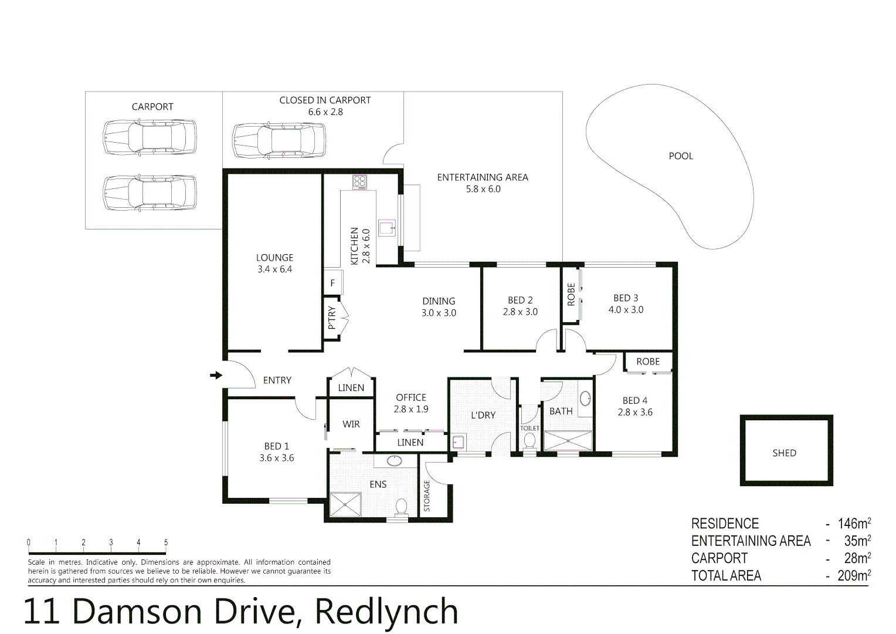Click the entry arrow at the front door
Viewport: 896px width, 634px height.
pos(216,375)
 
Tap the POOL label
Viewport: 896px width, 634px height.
pos(681,156)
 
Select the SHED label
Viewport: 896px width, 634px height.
pos(784,453)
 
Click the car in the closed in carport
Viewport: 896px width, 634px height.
pos(279,141)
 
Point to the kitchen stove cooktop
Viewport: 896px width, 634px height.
pos(359,182)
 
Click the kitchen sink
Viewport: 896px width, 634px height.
pos(387,227)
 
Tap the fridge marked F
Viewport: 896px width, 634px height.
pos(332,284)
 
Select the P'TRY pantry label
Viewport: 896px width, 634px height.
pos(332,318)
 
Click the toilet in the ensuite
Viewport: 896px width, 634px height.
pos(402,506)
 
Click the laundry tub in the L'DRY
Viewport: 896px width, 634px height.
pos(458,442)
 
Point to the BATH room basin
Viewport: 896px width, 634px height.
pos(585,399)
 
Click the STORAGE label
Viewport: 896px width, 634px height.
pos(427,496)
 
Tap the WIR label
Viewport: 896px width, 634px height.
pos(351,424)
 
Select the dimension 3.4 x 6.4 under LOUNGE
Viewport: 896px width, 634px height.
pos(274,269)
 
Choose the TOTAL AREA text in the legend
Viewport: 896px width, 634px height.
pos(726,576)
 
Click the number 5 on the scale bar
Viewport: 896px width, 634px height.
pos(166,543)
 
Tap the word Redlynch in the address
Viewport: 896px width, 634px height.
pos(386,612)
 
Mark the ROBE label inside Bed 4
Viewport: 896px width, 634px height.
pos(648,362)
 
